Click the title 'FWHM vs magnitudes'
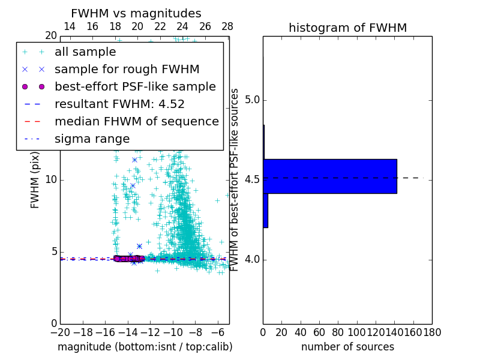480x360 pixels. point(136,13)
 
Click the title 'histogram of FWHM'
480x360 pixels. point(347,28)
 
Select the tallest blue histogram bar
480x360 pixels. point(329,176)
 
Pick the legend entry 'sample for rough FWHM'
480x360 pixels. point(127,70)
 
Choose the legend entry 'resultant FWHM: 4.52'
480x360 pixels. point(119,104)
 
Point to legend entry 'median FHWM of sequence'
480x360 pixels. point(136,121)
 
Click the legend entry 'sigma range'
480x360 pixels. point(92,139)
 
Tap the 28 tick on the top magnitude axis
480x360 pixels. point(227,26)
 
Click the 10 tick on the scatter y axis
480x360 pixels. point(51,180)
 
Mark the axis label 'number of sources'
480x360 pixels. point(347,347)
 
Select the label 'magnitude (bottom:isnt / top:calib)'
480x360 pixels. point(145,347)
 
